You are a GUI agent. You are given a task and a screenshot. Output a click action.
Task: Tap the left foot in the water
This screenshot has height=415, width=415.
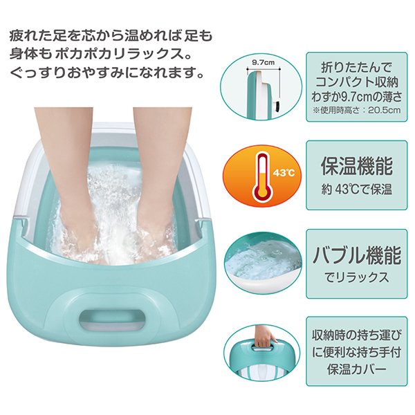coord(77,185)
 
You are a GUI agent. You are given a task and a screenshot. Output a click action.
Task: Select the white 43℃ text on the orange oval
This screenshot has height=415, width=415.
coord(284,173)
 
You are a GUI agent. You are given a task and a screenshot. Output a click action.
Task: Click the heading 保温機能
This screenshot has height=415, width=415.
coord(356,166)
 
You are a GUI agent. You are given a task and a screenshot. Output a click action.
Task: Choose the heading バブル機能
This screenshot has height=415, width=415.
coord(356,255)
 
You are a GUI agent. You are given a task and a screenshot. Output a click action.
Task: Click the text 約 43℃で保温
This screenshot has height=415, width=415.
coord(356,190)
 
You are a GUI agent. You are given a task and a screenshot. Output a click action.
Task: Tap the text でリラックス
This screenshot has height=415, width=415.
coord(356,277)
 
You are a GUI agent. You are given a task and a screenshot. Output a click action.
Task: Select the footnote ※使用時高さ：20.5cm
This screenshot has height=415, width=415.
coord(356,110)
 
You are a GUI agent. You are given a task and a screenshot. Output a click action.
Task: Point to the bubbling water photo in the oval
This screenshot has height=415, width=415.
coord(263,263)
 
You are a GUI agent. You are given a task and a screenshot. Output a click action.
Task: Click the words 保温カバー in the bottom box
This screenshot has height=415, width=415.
coord(356,369)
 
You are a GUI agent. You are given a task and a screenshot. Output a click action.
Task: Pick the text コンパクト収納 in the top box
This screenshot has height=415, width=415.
coord(356,82)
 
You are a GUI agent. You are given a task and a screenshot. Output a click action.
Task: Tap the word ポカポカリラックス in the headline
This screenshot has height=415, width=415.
coord(120,54)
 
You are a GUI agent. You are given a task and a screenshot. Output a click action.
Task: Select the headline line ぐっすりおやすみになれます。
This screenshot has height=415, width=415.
coord(107,72)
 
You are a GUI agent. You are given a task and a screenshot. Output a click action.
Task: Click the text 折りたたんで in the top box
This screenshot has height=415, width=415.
coord(356,68)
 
